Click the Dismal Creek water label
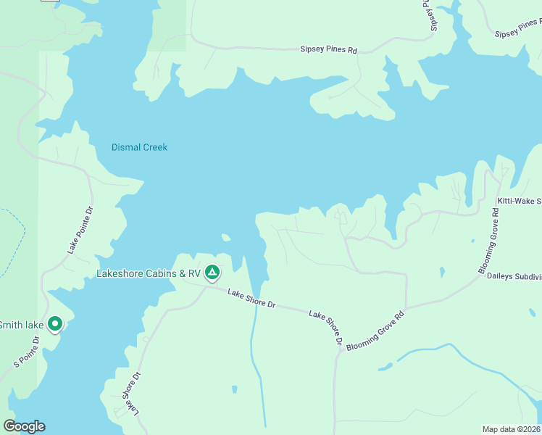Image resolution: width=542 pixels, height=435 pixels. point(139,147)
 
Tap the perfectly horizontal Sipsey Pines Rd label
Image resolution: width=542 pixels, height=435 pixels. point(329,50)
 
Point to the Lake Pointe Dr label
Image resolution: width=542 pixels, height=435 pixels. point(80,230)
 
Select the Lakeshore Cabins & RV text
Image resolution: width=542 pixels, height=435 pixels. point(149,274)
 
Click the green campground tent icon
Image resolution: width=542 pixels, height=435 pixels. point(212,273)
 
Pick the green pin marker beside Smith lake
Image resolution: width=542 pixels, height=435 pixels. point(54,324)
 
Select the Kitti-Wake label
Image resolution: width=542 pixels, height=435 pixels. point(519,200)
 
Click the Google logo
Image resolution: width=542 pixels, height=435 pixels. point(24,426)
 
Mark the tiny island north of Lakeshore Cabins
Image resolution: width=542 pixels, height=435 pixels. point(226,237)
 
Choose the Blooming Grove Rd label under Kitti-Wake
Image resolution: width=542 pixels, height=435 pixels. point(488,241)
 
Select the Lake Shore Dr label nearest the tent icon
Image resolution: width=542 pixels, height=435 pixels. point(251,299)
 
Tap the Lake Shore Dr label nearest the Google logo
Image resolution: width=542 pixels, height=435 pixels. point(130,395)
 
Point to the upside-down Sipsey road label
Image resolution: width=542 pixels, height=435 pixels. point(430,15)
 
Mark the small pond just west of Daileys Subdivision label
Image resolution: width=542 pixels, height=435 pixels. point(442,272)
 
